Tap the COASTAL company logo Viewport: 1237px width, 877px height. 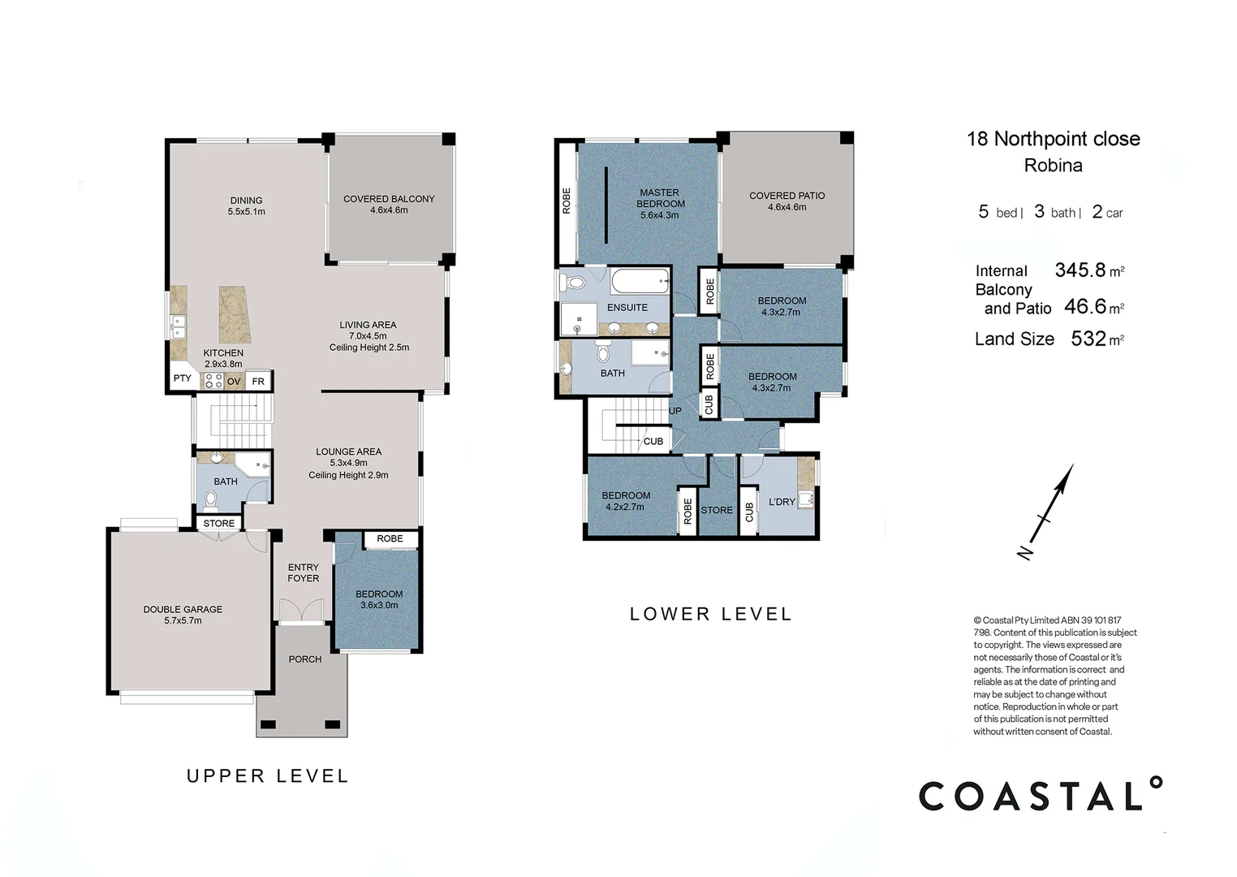[x=1040, y=795]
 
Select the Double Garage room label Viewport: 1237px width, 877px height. [x=183, y=615]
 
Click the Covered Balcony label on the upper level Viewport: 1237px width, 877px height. [x=389, y=204]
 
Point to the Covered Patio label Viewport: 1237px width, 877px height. [x=787, y=201]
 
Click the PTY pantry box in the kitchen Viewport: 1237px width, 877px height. [x=182, y=378]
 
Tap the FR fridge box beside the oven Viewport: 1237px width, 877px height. [x=258, y=381]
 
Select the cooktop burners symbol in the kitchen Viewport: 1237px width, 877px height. [x=213, y=381]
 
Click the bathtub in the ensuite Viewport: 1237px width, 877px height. [x=640, y=282]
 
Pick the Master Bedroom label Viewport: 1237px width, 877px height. [x=660, y=204]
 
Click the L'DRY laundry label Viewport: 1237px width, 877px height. [x=782, y=502]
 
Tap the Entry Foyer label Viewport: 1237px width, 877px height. [x=304, y=572]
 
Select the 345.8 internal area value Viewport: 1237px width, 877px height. [x=1080, y=270]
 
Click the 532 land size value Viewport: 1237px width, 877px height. [x=1088, y=339]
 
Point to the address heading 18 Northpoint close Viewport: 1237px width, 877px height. [x=1053, y=139]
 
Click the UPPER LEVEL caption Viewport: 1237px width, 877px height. [x=267, y=776]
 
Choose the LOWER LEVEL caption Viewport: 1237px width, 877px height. [x=710, y=615]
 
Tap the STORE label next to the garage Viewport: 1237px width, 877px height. [x=218, y=524]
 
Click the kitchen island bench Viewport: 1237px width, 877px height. [x=235, y=314]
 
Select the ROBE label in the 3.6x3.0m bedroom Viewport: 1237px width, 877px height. [x=390, y=538]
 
